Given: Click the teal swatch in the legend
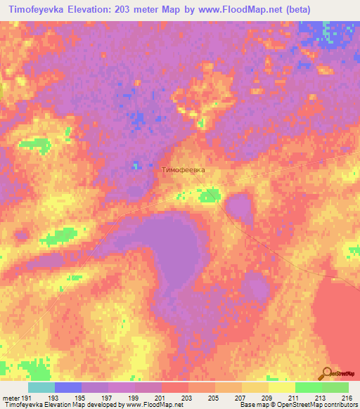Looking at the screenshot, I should [41, 387].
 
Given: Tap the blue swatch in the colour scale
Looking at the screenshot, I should [68, 387].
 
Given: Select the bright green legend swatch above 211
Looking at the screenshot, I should [308, 387].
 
